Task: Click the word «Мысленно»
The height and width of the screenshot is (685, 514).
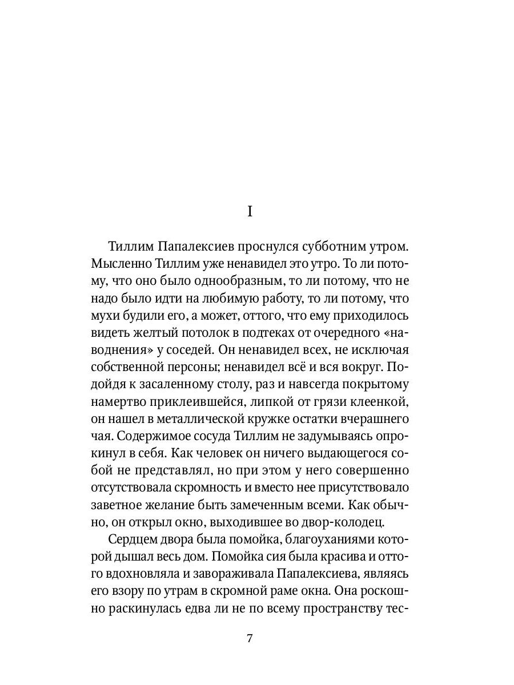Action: (x=120, y=265)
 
